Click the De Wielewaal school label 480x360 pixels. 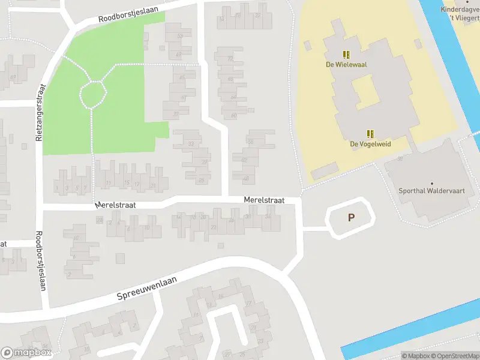[346, 65]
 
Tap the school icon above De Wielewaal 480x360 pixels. [346, 55]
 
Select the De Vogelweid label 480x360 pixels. [371, 144]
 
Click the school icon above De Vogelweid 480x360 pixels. [371, 134]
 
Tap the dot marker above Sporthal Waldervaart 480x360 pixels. [431, 183]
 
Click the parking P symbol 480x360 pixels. [351, 218]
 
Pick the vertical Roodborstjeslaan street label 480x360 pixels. [41, 261]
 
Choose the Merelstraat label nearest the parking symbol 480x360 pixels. [263, 200]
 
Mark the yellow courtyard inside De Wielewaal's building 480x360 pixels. [364, 91]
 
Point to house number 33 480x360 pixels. [191, 144]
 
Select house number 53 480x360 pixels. [179, 36]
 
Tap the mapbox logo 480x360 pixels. [27, 353]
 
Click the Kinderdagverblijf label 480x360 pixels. [461, 9]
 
